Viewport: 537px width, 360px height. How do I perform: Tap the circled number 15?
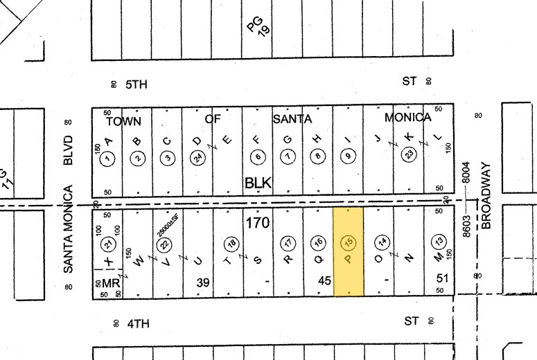tap(349, 242)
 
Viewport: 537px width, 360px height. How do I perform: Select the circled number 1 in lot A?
tap(107, 158)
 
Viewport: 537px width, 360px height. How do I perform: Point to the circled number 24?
tap(197, 158)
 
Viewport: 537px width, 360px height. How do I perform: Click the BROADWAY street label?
tap(486, 196)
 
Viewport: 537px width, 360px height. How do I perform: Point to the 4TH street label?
tap(137, 323)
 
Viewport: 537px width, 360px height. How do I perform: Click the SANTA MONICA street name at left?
tap(69, 228)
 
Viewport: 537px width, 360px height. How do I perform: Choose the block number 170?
tap(257, 223)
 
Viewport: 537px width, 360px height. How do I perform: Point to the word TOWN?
tap(123, 120)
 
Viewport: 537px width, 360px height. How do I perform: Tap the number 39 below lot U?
tap(203, 282)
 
